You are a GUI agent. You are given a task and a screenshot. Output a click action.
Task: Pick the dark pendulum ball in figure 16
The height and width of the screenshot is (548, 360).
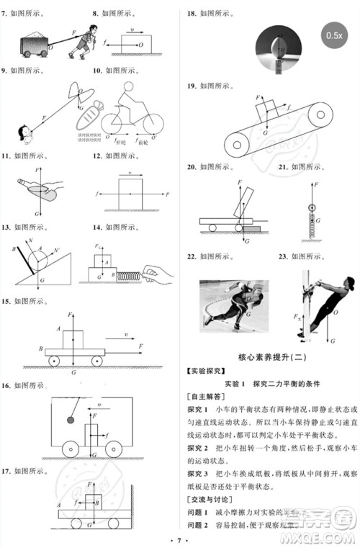tap(52, 418)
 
